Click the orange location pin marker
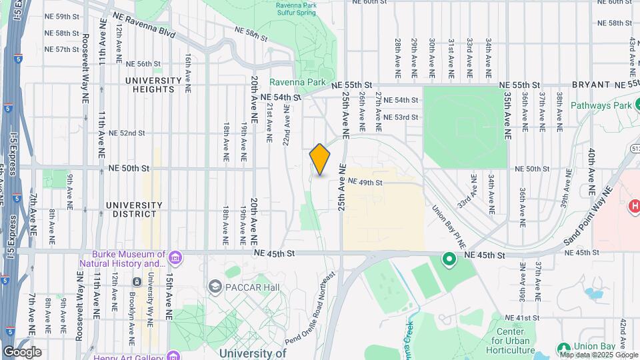pos(320,159)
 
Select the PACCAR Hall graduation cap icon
pos(215,287)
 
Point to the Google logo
pos(22,351)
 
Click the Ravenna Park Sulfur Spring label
pos(306,8)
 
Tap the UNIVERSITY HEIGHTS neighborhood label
pos(153,85)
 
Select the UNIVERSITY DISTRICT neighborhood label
pos(133,209)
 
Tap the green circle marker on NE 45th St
pos(449,259)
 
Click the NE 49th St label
pos(365,182)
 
